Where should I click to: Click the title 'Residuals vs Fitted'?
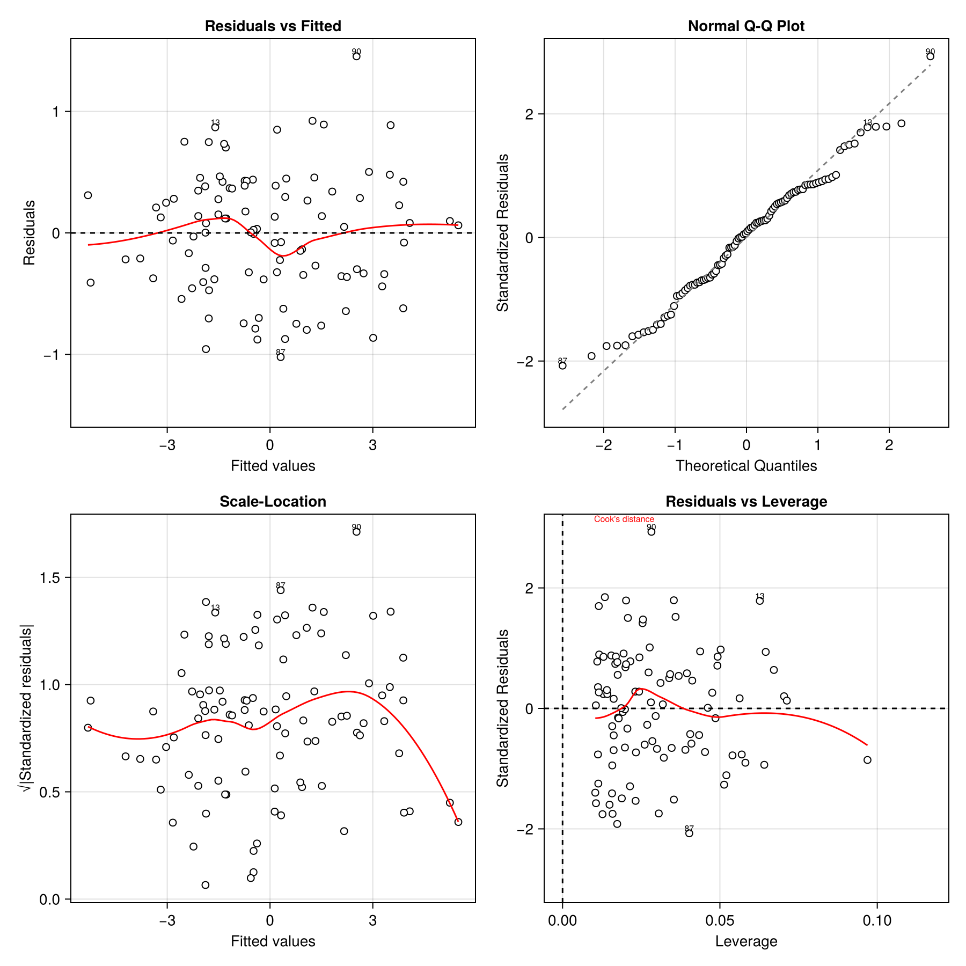(273, 26)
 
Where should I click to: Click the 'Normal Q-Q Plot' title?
(746, 26)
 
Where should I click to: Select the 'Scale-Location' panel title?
(273, 502)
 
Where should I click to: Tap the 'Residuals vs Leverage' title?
(746, 502)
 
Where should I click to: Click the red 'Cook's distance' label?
(624, 519)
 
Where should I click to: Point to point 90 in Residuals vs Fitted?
(356, 56)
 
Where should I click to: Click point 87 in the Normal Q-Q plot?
(562, 365)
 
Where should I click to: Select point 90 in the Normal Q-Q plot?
(930, 56)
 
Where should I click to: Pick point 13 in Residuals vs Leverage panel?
(759, 601)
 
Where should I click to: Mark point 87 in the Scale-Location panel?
(280, 590)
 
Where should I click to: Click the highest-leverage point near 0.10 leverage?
(867, 760)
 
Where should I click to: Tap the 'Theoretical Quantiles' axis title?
(746, 466)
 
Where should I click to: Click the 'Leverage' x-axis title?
(746, 941)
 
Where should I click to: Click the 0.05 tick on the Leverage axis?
(720, 921)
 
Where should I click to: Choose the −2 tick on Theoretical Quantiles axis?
(603, 445)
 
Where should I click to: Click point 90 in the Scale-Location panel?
(356, 532)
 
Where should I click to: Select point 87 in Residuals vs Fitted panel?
(280, 357)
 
